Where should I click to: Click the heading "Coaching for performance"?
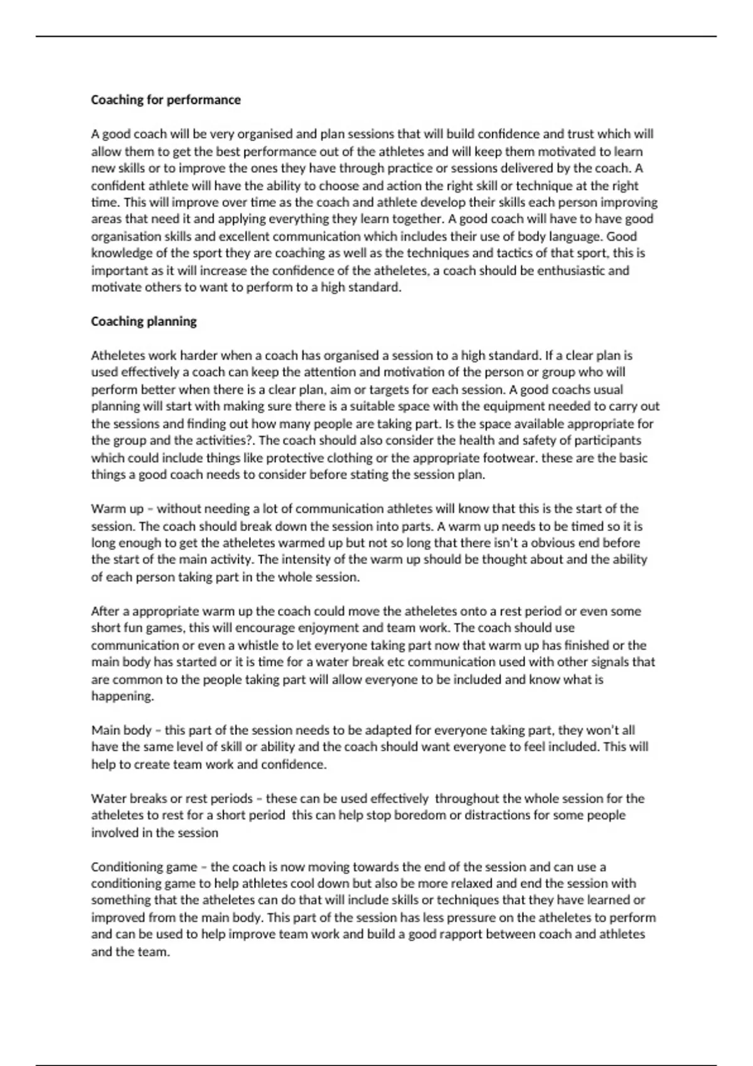click(166, 100)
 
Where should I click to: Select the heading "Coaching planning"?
click(144, 321)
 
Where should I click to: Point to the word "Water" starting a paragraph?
click(109, 798)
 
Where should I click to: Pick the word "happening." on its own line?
click(122, 696)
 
